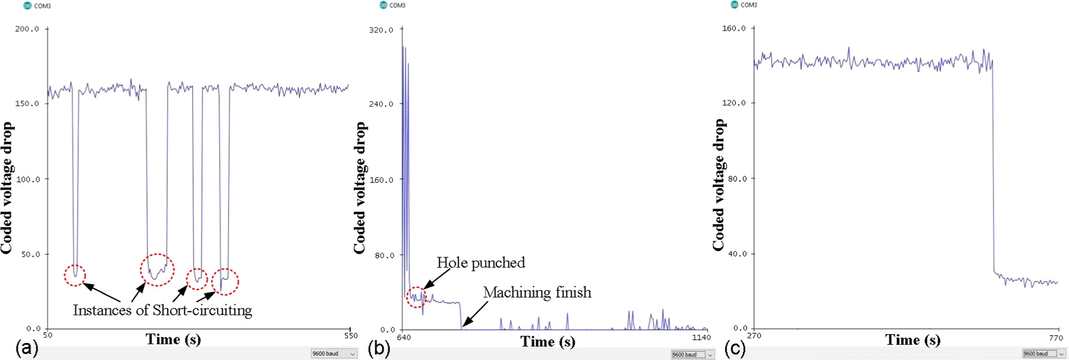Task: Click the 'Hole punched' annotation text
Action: click(481, 263)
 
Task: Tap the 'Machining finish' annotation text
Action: click(537, 293)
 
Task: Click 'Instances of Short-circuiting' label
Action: click(162, 310)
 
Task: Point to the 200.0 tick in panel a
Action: click(27, 29)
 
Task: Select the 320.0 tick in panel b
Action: click(381, 30)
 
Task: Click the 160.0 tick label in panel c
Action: click(734, 28)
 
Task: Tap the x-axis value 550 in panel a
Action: click(351, 336)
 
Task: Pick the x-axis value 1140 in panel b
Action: click(701, 338)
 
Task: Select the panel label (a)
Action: click(27, 349)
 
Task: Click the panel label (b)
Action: click(380, 349)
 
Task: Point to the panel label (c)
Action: click(734, 349)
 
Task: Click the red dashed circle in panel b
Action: click(416, 297)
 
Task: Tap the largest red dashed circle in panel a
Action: click(157, 270)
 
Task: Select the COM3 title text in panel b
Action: click(397, 5)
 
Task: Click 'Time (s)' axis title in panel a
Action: click(173, 339)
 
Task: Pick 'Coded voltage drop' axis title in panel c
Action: click(718, 184)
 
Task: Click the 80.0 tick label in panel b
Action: click(382, 255)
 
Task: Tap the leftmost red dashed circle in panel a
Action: click(75, 275)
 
